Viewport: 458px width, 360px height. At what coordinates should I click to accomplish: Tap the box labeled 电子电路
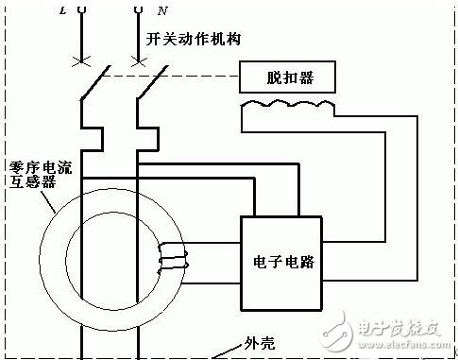283,263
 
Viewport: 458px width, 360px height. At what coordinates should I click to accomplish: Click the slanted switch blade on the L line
91,83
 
